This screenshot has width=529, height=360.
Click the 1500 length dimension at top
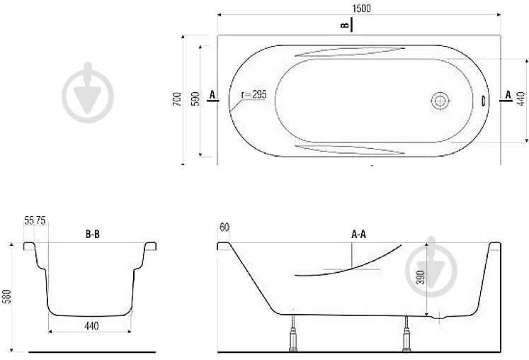(x=361, y=9)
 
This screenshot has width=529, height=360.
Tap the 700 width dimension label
(x=177, y=99)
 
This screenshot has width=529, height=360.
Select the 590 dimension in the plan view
(x=195, y=99)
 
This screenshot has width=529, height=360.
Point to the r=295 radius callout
(x=254, y=94)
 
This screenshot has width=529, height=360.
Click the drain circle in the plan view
(x=440, y=101)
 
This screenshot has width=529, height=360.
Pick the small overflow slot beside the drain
(x=483, y=101)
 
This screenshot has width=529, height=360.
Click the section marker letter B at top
(x=344, y=26)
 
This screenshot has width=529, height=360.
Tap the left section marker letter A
(x=212, y=95)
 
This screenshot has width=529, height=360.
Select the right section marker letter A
(x=508, y=95)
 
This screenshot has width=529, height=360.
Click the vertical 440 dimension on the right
(x=521, y=99)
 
